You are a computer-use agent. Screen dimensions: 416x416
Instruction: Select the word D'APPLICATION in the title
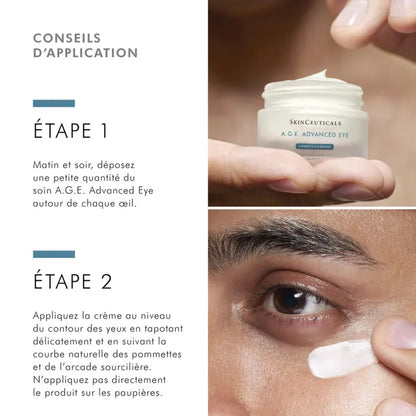tap(85, 53)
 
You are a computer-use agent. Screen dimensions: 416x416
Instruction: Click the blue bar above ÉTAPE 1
tap(54, 103)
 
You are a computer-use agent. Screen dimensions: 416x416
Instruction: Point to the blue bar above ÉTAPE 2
tap(54, 254)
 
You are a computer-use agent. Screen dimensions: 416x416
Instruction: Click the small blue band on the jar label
tap(298, 146)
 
